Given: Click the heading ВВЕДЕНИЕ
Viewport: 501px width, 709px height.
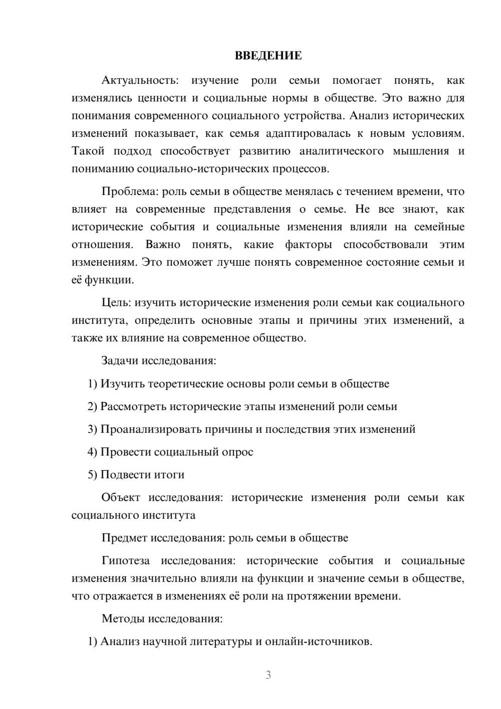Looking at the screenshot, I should tap(268, 56).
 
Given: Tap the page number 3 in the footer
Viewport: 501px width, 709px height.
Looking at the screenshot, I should tap(268, 675).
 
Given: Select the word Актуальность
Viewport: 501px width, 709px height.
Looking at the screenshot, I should tap(139, 80).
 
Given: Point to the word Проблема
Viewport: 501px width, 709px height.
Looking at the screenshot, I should tap(126, 192).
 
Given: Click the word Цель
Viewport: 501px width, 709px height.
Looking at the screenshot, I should tap(116, 303).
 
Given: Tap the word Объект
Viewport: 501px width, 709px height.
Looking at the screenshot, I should tap(121, 497).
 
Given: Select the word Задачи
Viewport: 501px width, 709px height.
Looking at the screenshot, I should tap(120, 361).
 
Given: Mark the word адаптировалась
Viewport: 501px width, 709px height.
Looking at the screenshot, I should tap(309, 133).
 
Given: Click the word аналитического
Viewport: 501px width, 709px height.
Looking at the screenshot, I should tap(342, 151).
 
